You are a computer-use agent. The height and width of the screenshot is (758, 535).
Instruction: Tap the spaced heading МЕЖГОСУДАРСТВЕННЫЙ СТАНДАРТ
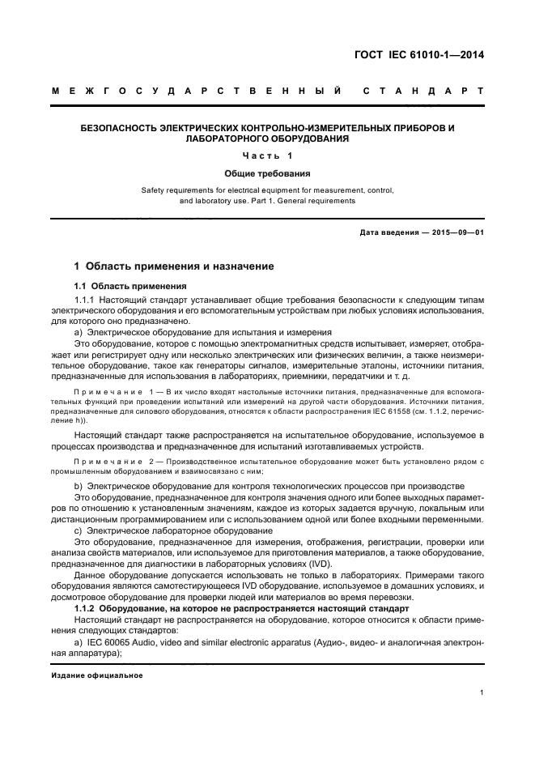(x=268, y=92)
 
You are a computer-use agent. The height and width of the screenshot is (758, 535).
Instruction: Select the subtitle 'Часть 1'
(x=268, y=155)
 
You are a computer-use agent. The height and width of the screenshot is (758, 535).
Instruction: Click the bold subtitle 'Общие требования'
(x=268, y=172)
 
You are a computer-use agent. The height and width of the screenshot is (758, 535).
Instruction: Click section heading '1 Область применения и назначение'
(x=174, y=266)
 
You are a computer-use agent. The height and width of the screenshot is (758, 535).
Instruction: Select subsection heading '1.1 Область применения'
(x=130, y=286)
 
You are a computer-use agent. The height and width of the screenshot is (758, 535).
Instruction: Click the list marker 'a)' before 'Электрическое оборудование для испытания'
(x=79, y=333)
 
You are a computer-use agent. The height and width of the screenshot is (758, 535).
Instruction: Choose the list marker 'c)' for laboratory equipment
(x=79, y=530)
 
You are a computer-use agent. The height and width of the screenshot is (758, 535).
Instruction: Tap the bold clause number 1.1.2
(x=85, y=607)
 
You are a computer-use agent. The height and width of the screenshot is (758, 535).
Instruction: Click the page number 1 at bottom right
(x=481, y=692)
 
